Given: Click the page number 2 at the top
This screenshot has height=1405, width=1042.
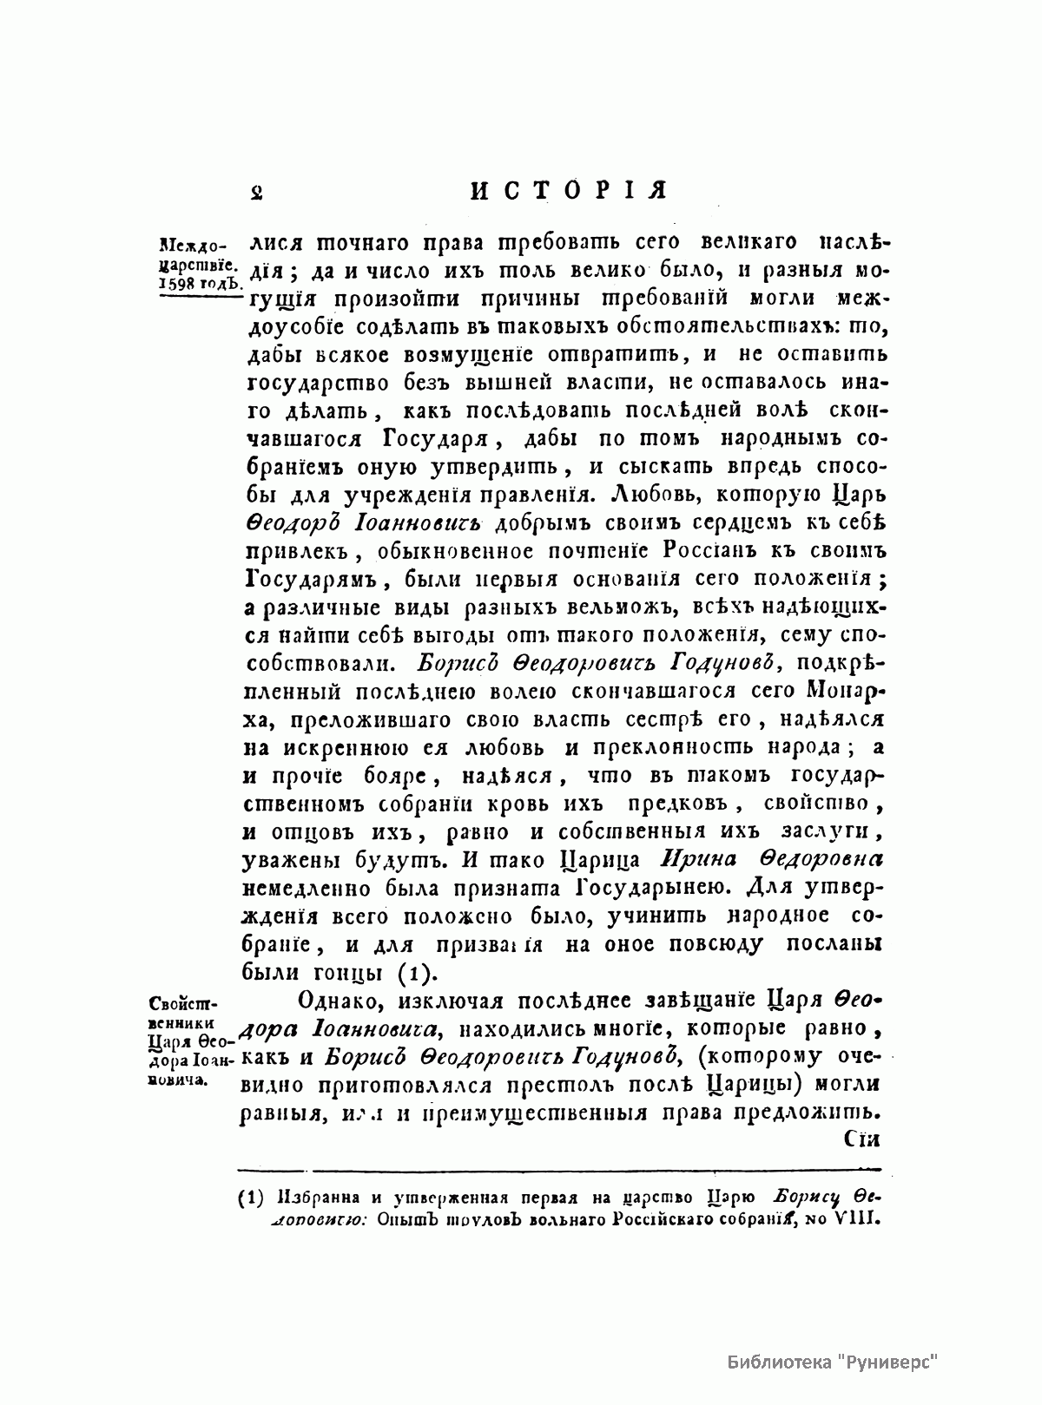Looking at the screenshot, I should (256, 190).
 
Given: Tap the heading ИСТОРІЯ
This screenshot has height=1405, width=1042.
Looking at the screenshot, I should (567, 190).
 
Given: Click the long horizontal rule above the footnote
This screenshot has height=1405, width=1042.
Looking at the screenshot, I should (559, 1168).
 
